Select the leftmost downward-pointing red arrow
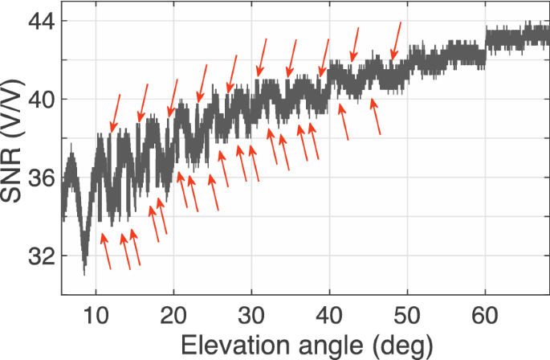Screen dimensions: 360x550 [x=116, y=112]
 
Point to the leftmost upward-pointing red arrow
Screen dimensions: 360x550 [x=105, y=250]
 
